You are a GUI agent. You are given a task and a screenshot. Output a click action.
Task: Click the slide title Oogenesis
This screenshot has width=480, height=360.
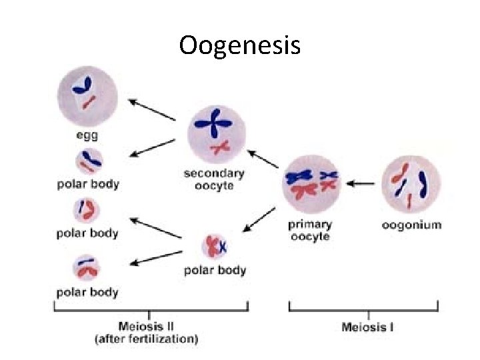pos(240,45)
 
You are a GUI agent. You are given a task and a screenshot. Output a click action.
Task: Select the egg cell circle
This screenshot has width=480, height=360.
pos(87,96)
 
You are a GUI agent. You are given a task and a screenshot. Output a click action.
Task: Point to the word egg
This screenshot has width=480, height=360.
pos(87,136)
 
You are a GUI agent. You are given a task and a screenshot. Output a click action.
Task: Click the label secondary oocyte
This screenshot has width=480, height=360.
pos(214,179)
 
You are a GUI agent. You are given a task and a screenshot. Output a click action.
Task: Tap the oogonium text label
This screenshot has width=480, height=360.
pos(411,225)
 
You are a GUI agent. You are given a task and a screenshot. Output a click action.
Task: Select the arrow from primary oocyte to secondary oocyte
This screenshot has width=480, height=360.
pos(264,159)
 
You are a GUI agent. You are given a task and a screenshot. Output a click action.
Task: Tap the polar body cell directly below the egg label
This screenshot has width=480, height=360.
pos(87,161)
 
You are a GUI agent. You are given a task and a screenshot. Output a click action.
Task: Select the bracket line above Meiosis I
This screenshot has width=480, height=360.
pos(363,310)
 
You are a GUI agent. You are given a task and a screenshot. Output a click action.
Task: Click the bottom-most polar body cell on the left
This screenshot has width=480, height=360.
pos(87,269)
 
